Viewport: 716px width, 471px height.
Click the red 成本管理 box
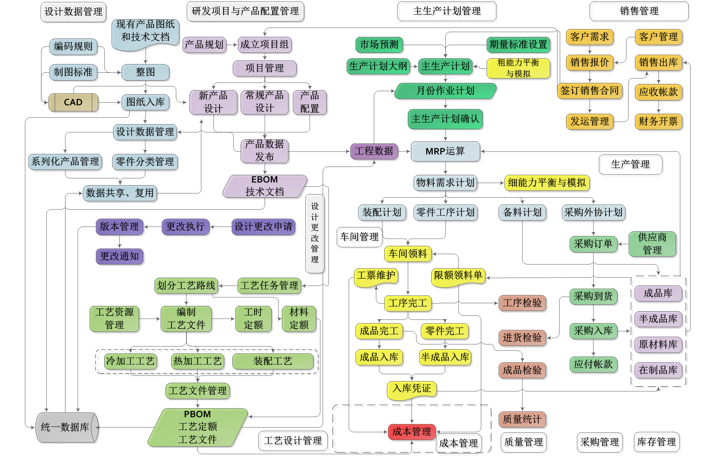411,432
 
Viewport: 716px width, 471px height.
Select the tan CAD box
73,103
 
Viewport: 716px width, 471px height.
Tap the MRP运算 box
445,152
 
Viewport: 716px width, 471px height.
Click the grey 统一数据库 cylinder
66,427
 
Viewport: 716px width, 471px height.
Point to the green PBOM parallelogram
197,427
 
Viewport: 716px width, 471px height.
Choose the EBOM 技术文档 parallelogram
265,186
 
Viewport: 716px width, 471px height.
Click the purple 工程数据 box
374,152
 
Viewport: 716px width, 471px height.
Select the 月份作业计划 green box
445,91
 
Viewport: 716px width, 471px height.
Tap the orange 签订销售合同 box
589,91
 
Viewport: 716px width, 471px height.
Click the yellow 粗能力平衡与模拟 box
518,69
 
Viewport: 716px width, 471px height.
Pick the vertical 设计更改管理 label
315,233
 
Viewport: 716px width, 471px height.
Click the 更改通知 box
119,256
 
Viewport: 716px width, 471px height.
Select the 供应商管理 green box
652,244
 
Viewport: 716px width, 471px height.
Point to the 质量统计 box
522,420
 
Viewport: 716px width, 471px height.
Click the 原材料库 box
658,345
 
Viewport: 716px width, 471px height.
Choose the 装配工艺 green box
273,361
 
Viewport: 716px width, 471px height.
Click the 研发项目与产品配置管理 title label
245,11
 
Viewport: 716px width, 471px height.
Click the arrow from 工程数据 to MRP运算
405,152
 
